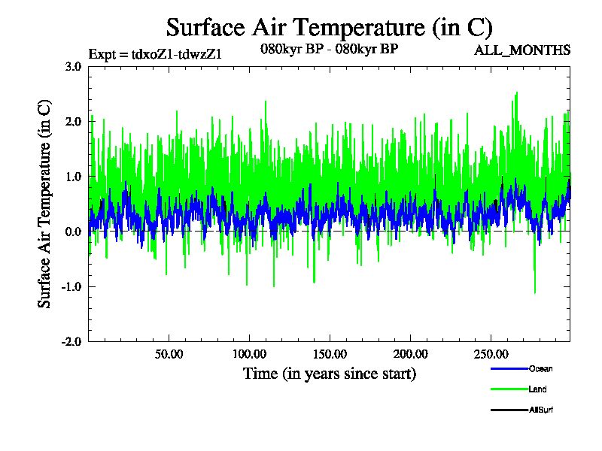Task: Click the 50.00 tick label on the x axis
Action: point(169,353)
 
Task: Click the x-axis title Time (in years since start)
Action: point(329,373)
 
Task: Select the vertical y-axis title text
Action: point(45,204)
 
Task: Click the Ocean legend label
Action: point(540,369)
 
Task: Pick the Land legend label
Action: point(537,389)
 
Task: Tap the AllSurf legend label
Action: point(542,410)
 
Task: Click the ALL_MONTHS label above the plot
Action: point(521,50)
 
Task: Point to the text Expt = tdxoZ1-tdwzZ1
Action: point(155,53)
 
